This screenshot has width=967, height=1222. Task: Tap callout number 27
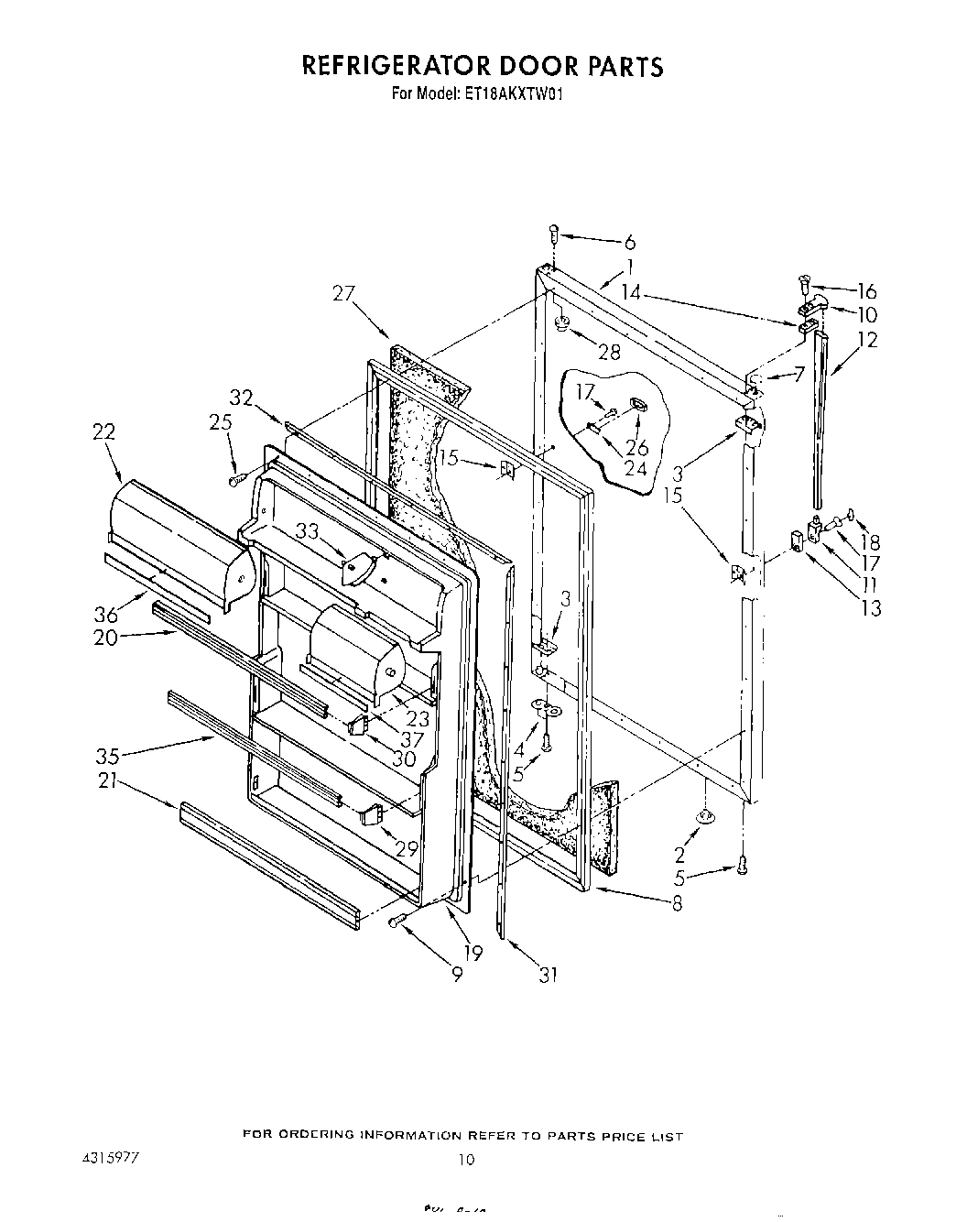[x=344, y=293]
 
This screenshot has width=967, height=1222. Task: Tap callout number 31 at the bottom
[x=548, y=975]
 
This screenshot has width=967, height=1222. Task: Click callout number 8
[x=677, y=902]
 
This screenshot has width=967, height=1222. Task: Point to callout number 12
[x=867, y=340]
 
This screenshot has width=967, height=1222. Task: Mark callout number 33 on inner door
[x=309, y=529]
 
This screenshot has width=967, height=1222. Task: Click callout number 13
[x=871, y=607]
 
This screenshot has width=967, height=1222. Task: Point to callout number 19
[x=473, y=954]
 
